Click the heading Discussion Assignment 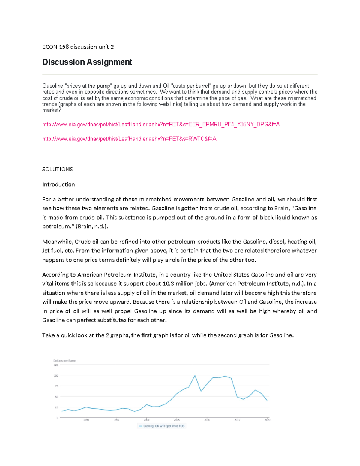87,62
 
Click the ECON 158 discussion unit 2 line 78,47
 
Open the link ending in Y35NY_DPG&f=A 161,124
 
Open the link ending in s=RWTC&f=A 129,139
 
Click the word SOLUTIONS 57,169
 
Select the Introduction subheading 58,185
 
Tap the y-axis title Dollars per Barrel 65,361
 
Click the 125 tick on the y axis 56,365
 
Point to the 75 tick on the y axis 56,386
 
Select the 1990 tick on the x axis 86,420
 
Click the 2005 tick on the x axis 177,420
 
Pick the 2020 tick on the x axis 267,420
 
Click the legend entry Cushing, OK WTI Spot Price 162,426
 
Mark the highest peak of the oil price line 195,375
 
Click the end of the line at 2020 267,401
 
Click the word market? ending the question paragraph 52,110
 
